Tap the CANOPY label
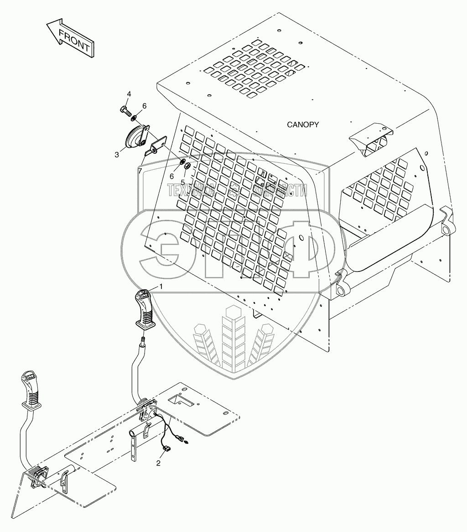(x=303, y=124)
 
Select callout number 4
(x=129, y=94)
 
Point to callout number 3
(x=117, y=155)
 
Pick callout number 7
(x=140, y=171)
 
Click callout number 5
(x=182, y=182)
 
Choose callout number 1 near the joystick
(x=161, y=286)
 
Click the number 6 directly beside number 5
(x=171, y=176)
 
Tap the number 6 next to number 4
(x=144, y=106)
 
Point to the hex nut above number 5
(x=187, y=166)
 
